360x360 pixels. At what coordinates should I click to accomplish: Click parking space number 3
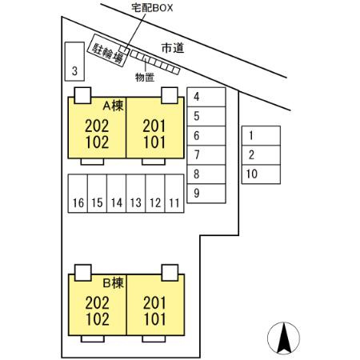[x=74, y=62]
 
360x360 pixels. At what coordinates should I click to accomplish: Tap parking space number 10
[x=261, y=174]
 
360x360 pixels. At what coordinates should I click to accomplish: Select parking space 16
[x=78, y=194]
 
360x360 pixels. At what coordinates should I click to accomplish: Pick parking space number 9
[x=206, y=194]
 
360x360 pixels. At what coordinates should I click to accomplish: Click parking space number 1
[x=261, y=136]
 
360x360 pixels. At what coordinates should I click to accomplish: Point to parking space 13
[x=136, y=194]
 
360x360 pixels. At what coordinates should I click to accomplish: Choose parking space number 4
[x=206, y=97]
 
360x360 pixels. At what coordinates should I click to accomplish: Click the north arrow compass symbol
[x=283, y=338]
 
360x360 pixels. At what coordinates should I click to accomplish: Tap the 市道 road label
[x=173, y=48]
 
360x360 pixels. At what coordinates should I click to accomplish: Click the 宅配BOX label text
[x=152, y=8]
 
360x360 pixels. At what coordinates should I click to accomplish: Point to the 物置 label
[x=145, y=78]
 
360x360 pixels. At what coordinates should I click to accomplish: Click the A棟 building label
[x=114, y=106]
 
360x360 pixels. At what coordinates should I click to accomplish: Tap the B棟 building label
[x=114, y=283]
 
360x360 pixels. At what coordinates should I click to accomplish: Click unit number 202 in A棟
[x=97, y=126]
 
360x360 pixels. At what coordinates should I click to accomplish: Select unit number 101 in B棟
[x=154, y=319]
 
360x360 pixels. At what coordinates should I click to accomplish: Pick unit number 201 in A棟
[x=154, y=126]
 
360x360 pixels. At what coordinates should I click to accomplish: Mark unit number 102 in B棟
[x=98, y=319]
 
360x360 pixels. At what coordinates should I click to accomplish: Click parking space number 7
[x=206, y=155]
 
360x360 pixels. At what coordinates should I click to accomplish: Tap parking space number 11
[x=174, y=194]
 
